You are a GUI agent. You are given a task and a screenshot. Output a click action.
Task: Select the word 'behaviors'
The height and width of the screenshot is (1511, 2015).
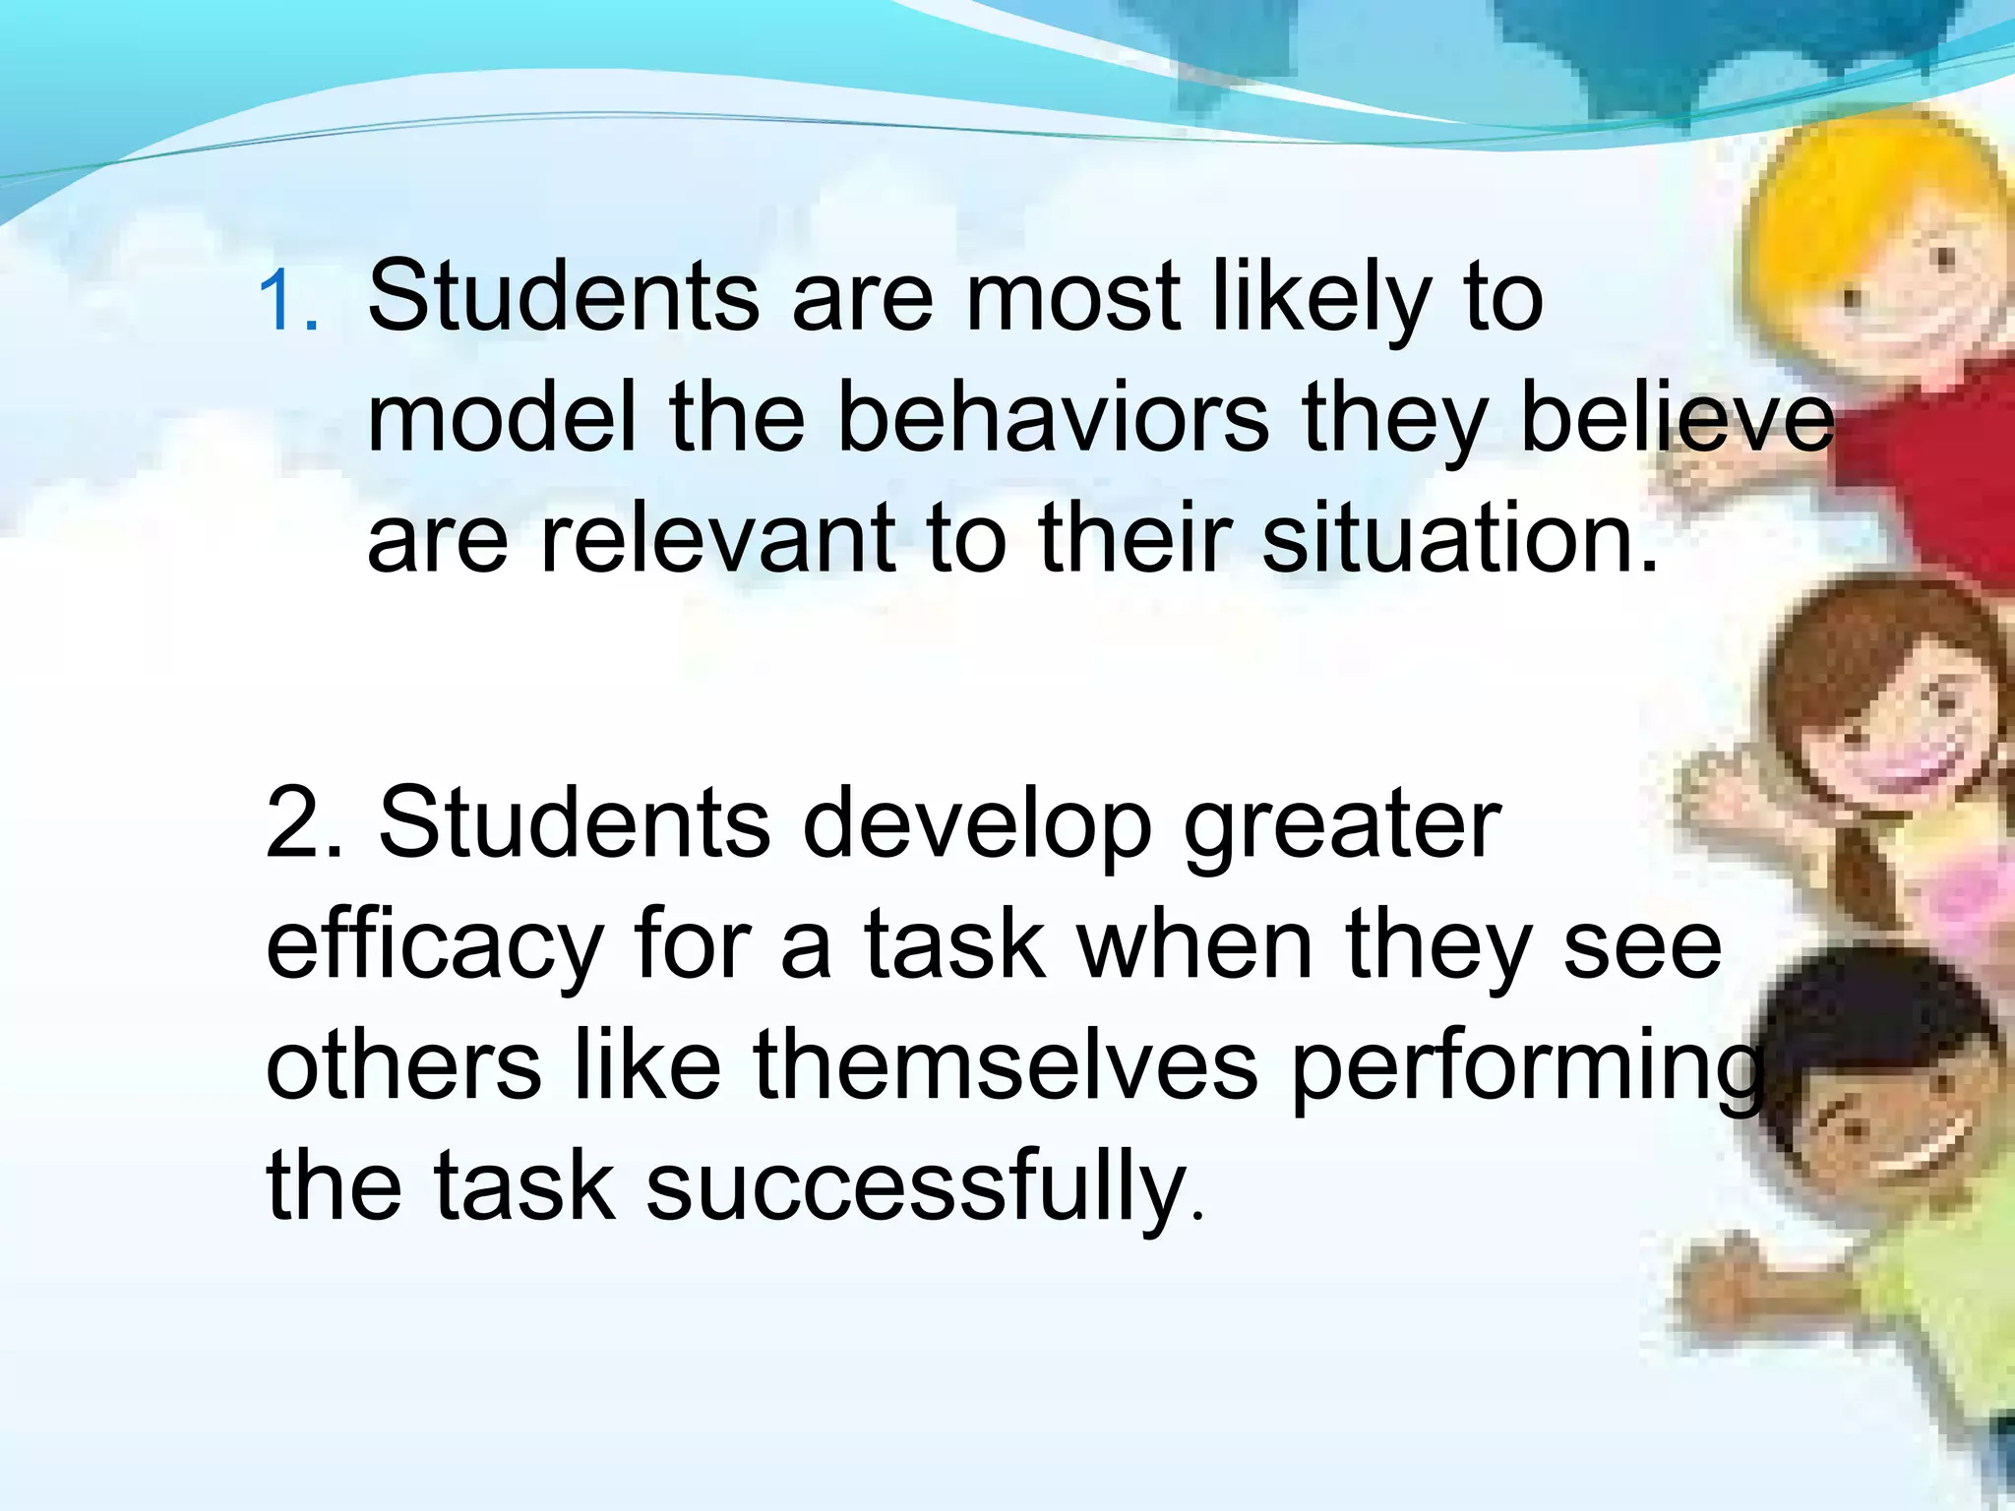1052,418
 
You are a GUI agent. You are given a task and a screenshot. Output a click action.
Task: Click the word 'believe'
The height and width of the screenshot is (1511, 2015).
1677,418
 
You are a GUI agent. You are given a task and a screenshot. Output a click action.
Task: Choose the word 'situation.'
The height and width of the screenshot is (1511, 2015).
1460,539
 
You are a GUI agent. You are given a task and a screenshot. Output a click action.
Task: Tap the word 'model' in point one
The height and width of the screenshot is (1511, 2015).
502,418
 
